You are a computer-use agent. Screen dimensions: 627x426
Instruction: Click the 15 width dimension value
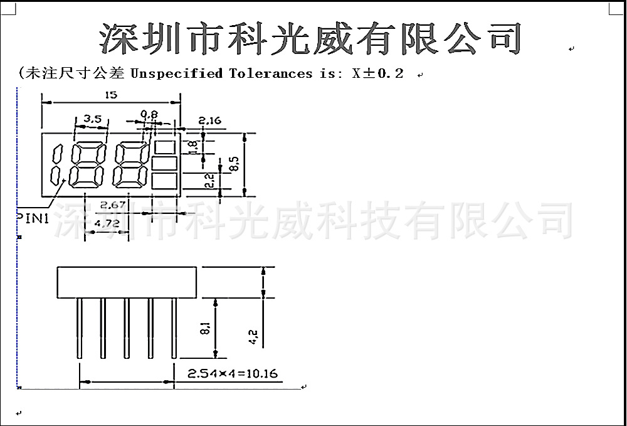tap(111, 95)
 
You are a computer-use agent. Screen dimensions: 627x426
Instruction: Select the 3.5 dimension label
tap(92, 117)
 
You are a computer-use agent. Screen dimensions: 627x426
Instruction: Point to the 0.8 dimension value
tap(149, 114)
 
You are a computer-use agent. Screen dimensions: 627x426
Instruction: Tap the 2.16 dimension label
tap(209, 120)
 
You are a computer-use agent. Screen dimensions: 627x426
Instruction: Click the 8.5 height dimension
tap(234, 164)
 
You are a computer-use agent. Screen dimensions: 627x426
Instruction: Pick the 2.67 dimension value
tap(113, 205)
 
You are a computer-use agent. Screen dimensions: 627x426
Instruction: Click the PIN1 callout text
tap(33, 218)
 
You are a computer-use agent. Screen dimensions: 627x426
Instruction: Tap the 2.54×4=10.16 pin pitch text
tap(233, 374)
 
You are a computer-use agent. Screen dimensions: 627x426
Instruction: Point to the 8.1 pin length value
tap(205, 327)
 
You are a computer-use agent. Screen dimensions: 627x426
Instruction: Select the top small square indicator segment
tap(164, 147)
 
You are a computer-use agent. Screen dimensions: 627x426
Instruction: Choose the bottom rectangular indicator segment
tap(164, 182)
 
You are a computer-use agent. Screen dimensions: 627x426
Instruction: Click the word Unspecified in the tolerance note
tap(176, 73)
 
